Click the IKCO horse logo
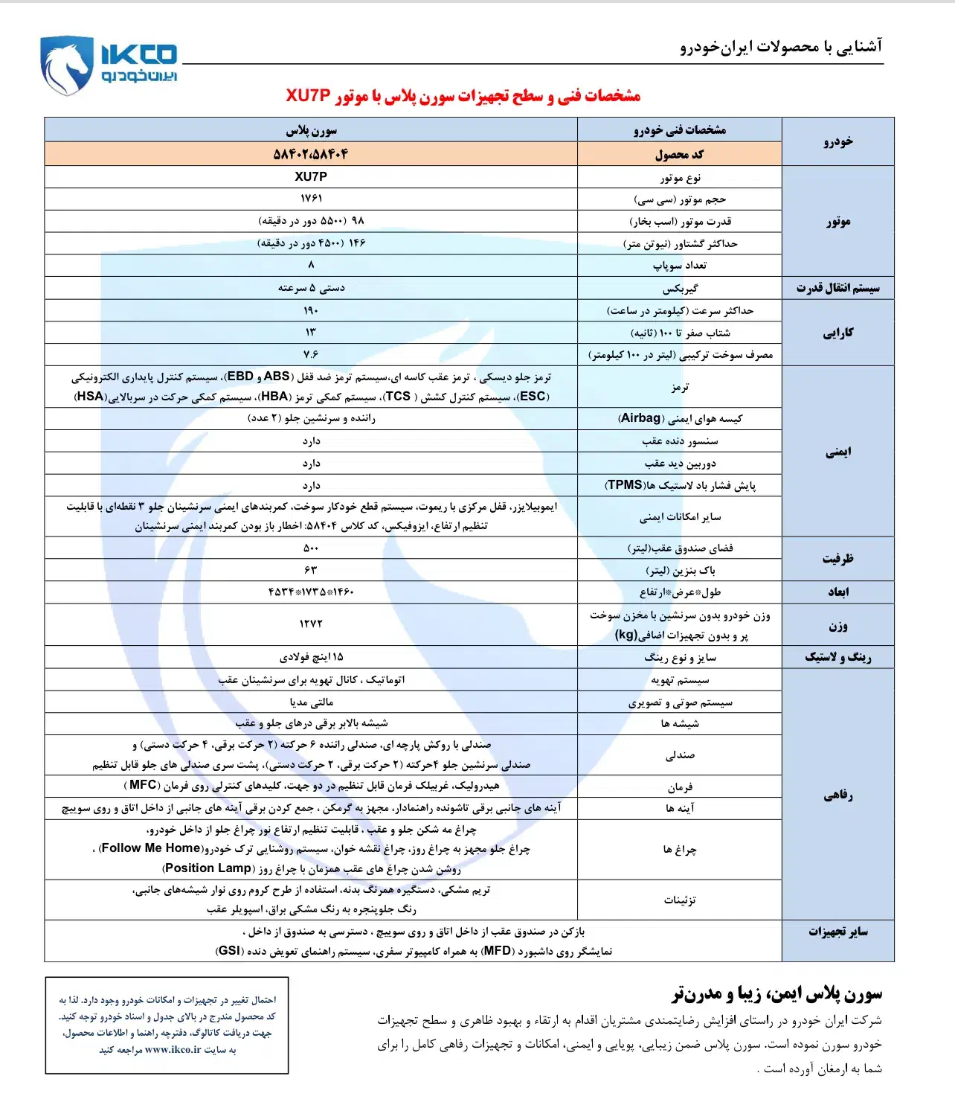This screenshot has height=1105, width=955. pos(68,65)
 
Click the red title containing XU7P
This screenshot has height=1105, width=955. pos(463,96)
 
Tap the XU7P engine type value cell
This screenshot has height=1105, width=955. pos(311,176)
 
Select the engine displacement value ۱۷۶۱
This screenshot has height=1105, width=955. pos(311,199)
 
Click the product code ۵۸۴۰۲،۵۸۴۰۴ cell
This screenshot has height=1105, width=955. pos(311,154)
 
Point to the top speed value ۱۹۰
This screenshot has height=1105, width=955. pos(311,310)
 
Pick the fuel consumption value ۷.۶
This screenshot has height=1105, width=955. pos(311,354)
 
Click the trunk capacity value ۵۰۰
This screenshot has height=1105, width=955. pos(311,548)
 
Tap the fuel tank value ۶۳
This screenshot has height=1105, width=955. pos(311,570)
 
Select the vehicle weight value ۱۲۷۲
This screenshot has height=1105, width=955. pos(311,624)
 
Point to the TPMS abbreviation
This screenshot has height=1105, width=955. pos(625,485)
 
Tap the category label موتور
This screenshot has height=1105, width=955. pos(837,221)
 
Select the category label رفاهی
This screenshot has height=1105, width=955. pos(837,795)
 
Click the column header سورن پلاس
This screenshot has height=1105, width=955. pos(311,130)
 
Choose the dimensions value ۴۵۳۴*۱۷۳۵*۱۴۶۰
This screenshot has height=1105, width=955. pos(311,592)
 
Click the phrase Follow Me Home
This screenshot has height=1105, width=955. pos(152,848)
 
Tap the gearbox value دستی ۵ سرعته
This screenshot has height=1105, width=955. pos(311,288)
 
